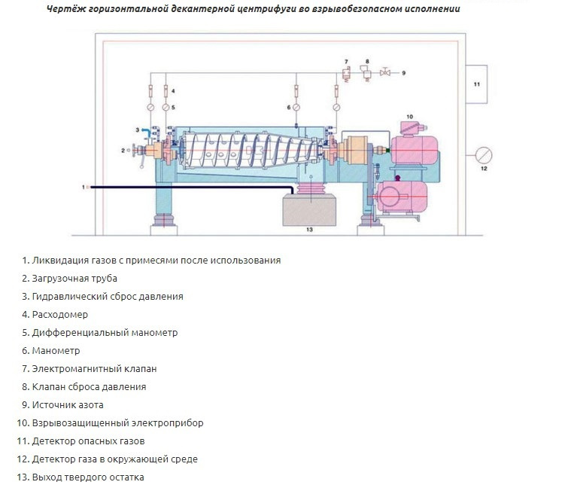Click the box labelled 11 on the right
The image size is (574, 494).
(476, 84)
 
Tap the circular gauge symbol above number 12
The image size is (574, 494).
(484, 155)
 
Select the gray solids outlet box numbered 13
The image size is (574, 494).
(308, 210)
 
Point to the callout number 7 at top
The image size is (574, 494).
(347, 59)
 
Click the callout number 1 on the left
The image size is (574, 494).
(84, 185)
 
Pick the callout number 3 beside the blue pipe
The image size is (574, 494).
(137, 130)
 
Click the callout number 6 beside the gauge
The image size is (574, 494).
(287, 108)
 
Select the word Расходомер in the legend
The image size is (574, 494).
(60, 314)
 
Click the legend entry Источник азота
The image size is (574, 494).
(68, 404)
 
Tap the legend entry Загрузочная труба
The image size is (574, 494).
(74, 278)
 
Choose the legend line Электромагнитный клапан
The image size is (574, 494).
(94, 368)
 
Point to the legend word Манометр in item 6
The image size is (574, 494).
(56, 350)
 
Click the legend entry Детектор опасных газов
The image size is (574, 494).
(88, 441)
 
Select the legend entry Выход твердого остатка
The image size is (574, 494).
(88, 477)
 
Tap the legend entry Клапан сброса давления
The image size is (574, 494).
(89, 386)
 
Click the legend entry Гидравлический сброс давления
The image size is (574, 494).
(108, 296)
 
